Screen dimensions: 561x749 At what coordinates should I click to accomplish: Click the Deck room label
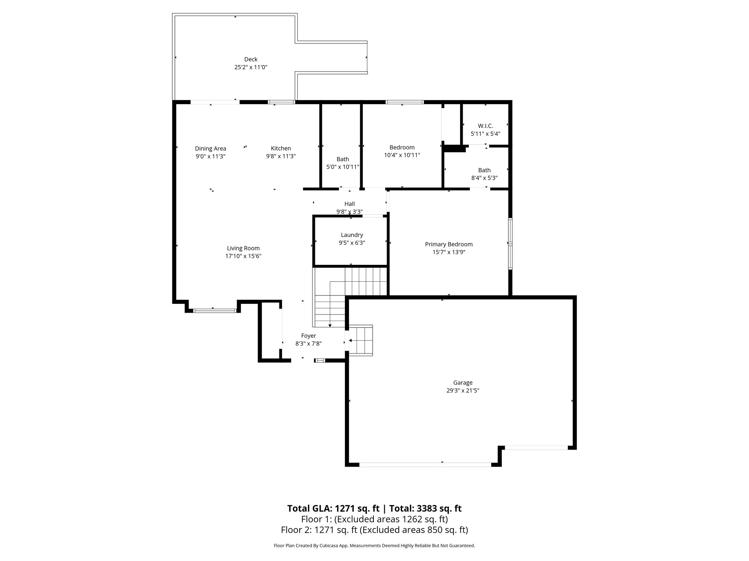[x=251, y=59]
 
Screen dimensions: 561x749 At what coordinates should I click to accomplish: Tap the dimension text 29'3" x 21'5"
[x=463, y=390]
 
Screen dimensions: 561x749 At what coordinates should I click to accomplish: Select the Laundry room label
[x=352, y=235]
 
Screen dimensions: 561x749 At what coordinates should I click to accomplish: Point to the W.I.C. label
[x=485, y=126]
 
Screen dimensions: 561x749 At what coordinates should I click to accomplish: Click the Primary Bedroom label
[x=449, y=244]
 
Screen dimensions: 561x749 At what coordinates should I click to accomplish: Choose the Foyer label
[x=308, y=336]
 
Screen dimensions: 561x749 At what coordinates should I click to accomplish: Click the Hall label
[x=349, y=204]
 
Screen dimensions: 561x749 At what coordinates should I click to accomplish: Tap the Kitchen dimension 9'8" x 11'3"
[x=281, y=156]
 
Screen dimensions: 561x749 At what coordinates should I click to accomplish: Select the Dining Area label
[x=210, y=148]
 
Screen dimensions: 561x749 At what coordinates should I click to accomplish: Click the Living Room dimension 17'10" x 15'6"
[x=243, y=256]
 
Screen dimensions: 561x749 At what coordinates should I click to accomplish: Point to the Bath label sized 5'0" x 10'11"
[x=343, y=159]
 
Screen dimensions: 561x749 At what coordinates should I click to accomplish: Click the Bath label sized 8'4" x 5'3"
[x=484, y=170]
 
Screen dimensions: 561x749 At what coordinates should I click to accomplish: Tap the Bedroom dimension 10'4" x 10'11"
[x=402, y=155]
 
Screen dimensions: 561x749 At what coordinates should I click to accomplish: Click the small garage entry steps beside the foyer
[x=361, y=340]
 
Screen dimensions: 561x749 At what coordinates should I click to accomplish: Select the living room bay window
[x=215, y=311]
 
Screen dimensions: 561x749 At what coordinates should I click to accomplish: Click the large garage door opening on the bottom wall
[x=425, y=465]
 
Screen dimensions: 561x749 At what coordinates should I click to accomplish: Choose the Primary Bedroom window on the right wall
[x=510, y=244]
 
